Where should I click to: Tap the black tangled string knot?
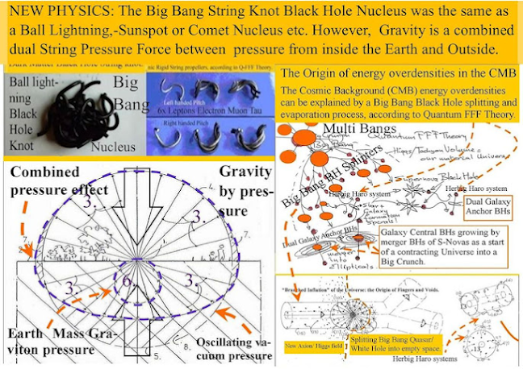tap(77, 109)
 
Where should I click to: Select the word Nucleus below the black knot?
tap(114, 148)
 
